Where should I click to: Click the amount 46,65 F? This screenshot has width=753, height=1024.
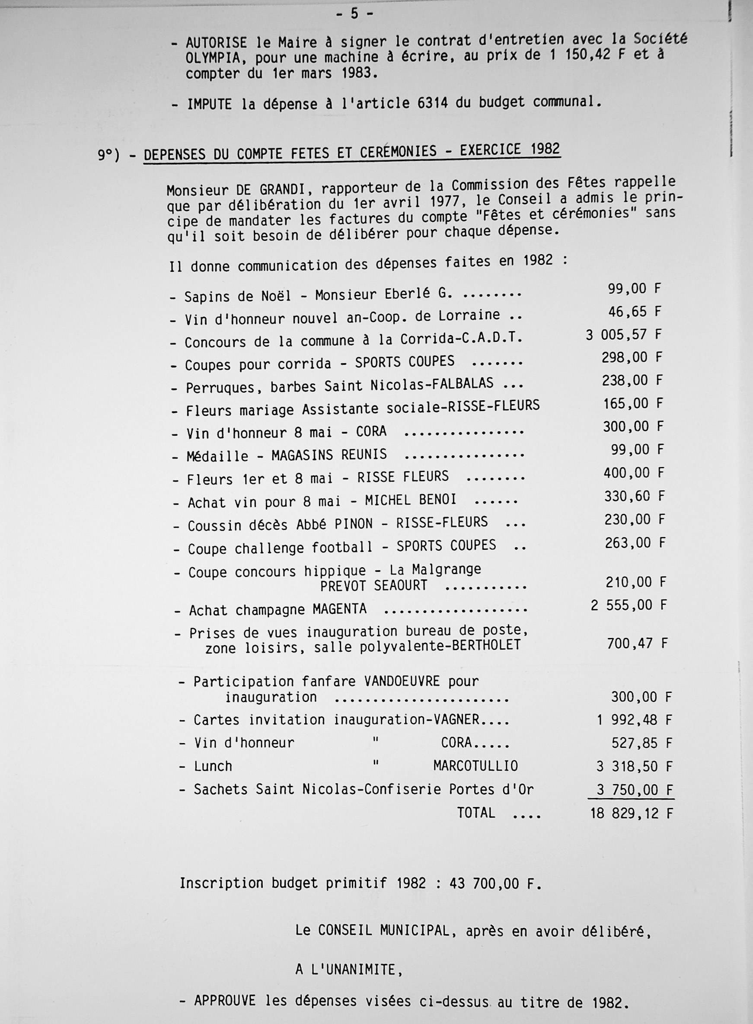coord(634,312)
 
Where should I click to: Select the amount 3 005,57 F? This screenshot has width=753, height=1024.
coord(622,335)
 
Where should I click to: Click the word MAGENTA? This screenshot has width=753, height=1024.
coord(340,609)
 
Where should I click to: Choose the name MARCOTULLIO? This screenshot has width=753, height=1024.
coord(475,766)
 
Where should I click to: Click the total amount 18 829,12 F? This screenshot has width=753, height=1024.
coord(631,813)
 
